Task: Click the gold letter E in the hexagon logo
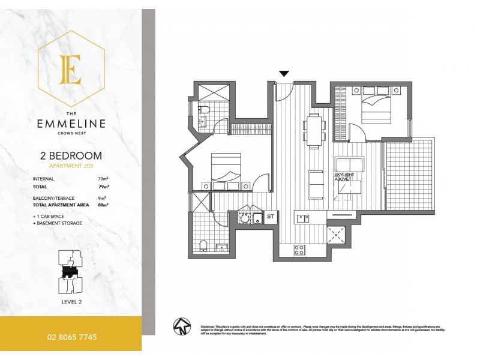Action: [x=71, y=70]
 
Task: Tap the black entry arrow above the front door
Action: [x=284, y=74]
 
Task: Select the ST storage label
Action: [x=271, y=217]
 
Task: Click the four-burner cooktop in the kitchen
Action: [x=299, y=250]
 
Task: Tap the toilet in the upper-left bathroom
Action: [x=204, y=109]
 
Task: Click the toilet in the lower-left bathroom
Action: [x=203, y=245]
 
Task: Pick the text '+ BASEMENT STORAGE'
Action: [x=58, y=223]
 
